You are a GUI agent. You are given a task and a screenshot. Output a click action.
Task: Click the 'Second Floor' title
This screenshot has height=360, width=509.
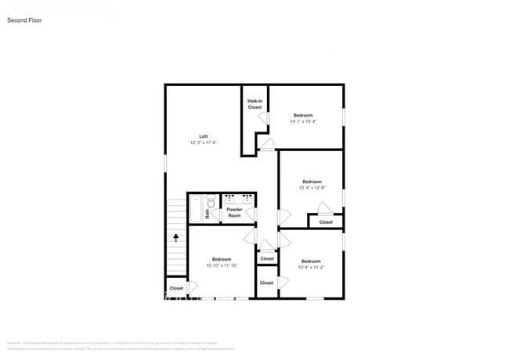tap(24, 20)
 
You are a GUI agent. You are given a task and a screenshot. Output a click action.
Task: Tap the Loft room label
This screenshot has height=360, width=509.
tap(204, 136)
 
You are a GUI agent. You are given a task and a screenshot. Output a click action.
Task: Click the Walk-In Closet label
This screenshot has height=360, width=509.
tap(254, 104)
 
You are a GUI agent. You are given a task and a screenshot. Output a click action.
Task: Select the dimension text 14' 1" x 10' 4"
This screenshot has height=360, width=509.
tap(302, 121)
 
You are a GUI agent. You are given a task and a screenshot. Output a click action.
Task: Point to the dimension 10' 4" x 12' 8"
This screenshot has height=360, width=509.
tap(312, 188)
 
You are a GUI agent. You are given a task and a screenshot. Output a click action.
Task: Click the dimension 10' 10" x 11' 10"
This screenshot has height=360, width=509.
tap(222, 265)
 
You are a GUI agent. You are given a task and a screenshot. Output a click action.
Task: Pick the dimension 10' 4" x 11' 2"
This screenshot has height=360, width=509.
tap(311, 267)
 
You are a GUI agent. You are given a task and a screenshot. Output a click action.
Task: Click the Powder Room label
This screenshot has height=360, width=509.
tap(234, 212)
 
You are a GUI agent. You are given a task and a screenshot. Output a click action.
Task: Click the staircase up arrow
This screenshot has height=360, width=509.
tap(176, 236)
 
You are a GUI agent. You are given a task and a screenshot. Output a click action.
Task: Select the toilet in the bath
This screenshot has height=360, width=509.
tap(210, 201)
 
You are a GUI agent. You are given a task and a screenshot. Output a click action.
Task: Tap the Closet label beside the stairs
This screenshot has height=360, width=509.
tap(176, 288)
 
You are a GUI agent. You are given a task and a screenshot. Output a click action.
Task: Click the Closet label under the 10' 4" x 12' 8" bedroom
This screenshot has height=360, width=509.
tap(326, 222)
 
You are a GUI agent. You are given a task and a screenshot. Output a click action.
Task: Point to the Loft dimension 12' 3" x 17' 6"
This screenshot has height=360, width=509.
tap(204, 142)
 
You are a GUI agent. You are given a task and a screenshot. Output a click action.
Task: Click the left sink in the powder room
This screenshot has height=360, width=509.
tap(228, 199)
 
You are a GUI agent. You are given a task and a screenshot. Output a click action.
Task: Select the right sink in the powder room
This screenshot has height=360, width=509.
tap(246, 199)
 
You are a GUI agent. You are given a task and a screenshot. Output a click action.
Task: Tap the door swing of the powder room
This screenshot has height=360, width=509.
tap(250, 212)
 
